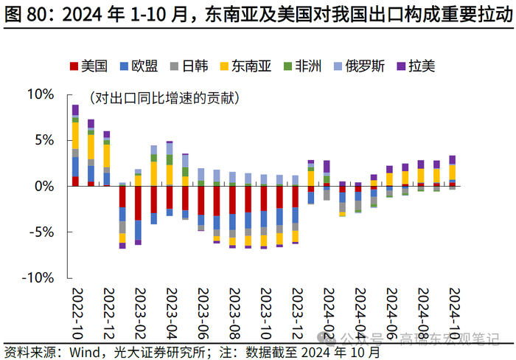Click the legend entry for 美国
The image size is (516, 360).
pyautogui.click(x=88, y=66)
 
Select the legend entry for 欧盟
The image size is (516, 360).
pyautogui.click(x=138, y=66)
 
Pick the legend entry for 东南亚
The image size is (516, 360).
pyautogui.click(x=244, y=66)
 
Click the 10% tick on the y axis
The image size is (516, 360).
pyautogui.click(x=41, y=94)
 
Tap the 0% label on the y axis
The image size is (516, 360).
pyautogui.click(x=44, y=186)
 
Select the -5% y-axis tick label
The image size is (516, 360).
pyautogui.click(x=42, y=232)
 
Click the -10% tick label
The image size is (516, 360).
pyautogui.click(x=38, y=277)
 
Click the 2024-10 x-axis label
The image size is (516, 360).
pyautogui.click(x=453, y=309)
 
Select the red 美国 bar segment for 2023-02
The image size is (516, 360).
pyautogui.click(x=138, y=203)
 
